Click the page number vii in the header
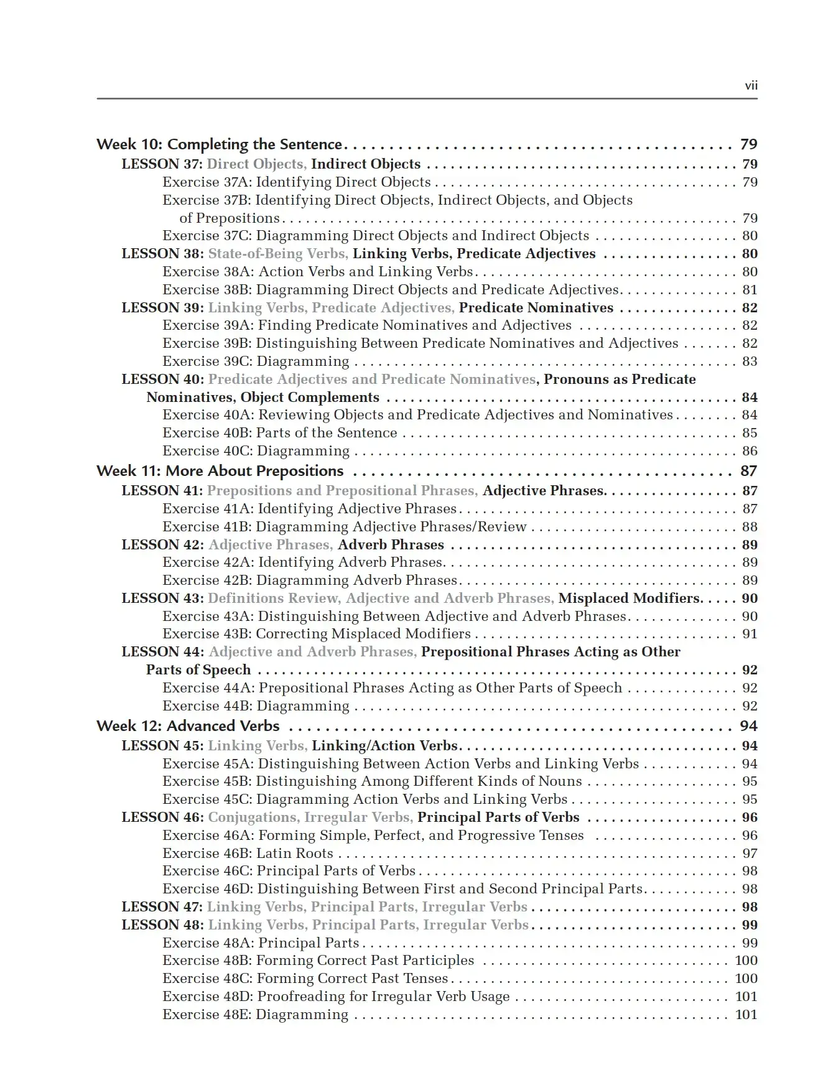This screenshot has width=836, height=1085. [751, 86]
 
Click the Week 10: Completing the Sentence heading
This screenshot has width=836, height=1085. [219, 144]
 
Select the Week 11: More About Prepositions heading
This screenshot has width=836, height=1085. [220, 471]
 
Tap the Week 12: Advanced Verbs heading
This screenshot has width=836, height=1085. [188, 726]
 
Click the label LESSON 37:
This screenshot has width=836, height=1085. [162, 164]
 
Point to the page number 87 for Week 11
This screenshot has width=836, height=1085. [749, 471]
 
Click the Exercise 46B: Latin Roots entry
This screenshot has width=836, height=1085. [248, 854]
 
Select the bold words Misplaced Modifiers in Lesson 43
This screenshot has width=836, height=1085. [630, 598]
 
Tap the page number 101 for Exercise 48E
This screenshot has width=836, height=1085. [746, 1015]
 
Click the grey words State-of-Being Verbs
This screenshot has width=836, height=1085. [277, 254]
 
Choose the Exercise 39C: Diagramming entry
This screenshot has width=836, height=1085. [256, 361]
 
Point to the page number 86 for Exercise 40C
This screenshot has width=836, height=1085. [750, 451]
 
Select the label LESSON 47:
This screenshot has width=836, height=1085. [162, 907]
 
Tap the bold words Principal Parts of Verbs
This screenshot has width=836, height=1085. [498, 817]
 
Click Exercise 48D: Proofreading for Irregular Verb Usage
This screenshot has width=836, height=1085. [336, 997]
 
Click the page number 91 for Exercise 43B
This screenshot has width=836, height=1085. [750, 634]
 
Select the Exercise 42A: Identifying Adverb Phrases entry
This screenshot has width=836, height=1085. [302, 562]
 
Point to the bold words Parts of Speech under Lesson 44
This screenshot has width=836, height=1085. [198, 670]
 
